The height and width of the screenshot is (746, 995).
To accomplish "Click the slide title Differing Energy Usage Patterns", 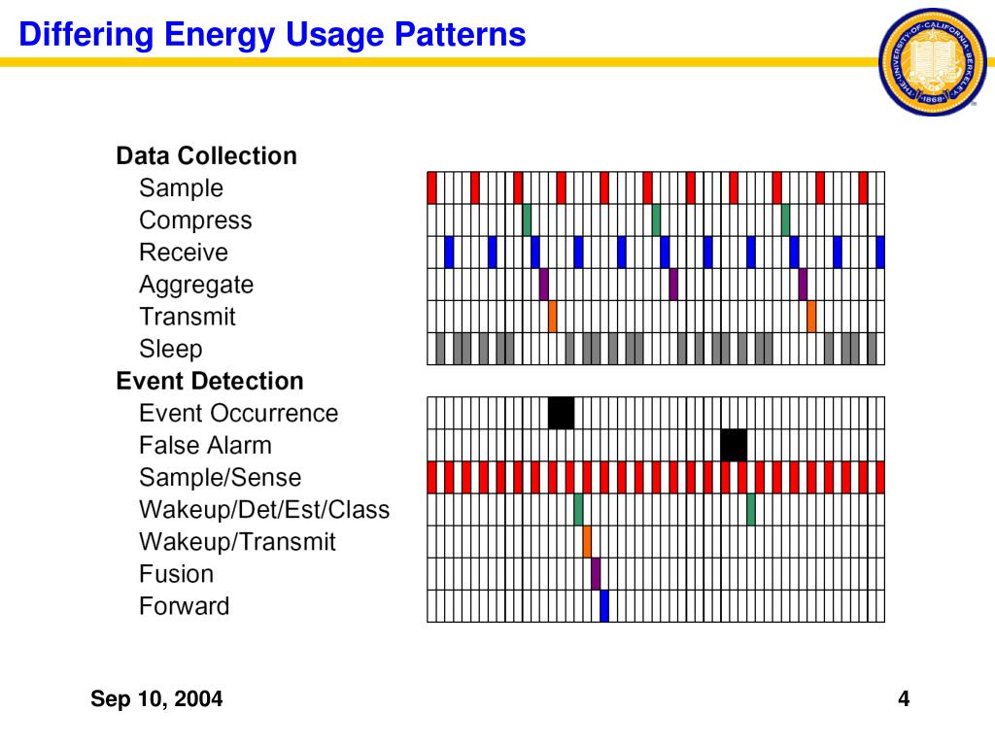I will pyautogui.click(x=273, y=36).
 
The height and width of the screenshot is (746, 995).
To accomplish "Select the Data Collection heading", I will pyautogui.click(x=206, y=156).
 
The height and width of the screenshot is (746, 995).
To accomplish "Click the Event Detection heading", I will pyautogui.click(x=209, y=381).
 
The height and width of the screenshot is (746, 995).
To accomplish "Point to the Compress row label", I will pyautogui.click(x=195, y=220).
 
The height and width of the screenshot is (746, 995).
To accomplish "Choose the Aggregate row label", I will pyautogui.click(x=195, y=285).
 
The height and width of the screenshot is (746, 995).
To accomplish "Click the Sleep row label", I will pyautogui.click(x=170, y=349).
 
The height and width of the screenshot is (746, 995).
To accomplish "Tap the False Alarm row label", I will pyautogui.click(x=205, y=446).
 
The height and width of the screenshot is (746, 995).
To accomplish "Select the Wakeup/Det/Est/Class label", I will pyautogui.click(x=263, y=509).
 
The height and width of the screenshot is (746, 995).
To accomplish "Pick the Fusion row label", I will pyautogui.click(x=176, y=574).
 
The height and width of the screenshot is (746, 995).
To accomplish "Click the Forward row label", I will pyautogui.click(x=184, y=606).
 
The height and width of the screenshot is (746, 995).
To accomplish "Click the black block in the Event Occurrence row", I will pyautogui.click(x=561, y=413).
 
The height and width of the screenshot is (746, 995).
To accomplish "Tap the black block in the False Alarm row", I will pyautogui.click(x=734, y=445).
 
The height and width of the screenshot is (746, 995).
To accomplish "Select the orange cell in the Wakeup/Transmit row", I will pyautogui.click(x=587, y=541).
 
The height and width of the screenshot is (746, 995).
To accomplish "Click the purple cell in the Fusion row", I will pyautogui.click(x=596, y=573).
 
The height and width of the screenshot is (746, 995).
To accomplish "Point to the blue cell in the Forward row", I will pyautogui.click(x=604, y=605).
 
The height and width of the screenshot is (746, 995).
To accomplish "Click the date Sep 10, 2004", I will pyautogui.click(x=156, y=698).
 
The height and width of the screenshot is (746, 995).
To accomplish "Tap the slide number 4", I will pyautogui.click(x=904, y=698).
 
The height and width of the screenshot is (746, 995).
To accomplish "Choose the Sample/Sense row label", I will pyautogui.click(x=220, y=478).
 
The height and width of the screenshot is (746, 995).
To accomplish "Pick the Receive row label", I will pyautogui.click(x=183, y=253).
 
